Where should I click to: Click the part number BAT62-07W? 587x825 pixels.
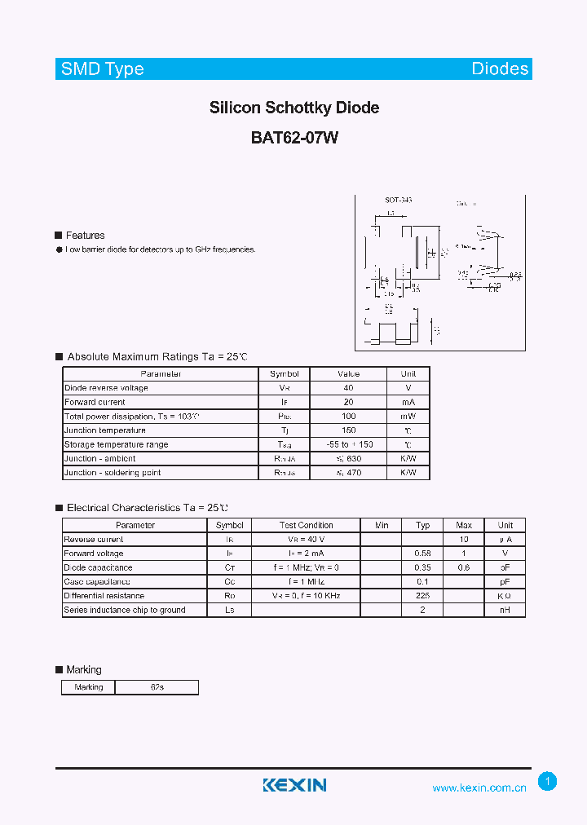(x=294, y=138)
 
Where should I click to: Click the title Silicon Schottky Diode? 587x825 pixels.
(x=294, y=108)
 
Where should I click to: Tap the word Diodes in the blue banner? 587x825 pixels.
(x=500, y=69)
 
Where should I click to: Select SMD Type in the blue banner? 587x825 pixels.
(x=103, y=69)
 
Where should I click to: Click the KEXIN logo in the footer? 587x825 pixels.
(x=294, y=785)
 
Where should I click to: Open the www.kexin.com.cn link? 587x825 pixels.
(x=479, y=787)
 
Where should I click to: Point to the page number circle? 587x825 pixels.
(x=548, y=782)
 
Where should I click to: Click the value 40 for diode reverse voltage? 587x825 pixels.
(x=348, y=388)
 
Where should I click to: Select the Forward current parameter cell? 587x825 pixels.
(x=95, y=402)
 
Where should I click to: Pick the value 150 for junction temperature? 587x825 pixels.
(x=348, y=430)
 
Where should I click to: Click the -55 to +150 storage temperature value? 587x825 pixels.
(x=348, y=444)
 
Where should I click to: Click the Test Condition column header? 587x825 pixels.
(x=306, y=525)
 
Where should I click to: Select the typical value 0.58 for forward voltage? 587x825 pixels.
(x=422, y=554)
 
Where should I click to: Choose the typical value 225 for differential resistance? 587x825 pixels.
(x=422, y=596)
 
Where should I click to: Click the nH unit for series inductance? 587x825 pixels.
(x=505, y=610)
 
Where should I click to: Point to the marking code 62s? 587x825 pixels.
(x=157, y=687)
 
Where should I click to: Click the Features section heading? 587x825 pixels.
(x=85, y=236)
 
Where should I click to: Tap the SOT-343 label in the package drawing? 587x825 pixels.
(x=399, y=201)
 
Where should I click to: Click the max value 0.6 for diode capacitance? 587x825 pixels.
(x=464, y=567)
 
